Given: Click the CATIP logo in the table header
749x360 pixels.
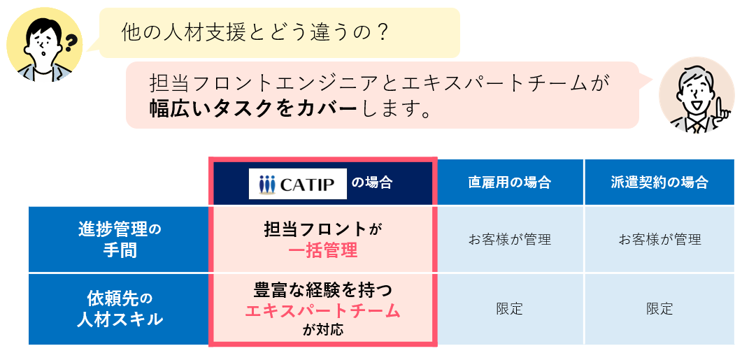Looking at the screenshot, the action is [298, 184].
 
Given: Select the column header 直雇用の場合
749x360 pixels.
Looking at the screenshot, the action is [510, 182].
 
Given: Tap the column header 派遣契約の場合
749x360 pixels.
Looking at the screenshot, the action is [659, 182].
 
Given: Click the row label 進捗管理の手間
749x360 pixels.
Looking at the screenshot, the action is [120, 240].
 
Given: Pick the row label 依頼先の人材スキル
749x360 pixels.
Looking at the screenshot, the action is [120, 310].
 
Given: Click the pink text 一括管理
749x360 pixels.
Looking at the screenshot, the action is [323, 251].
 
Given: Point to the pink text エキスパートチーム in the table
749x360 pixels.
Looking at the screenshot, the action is [322, 311].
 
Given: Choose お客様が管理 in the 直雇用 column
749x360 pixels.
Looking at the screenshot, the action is [510, 239].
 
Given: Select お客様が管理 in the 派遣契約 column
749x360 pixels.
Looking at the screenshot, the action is [659, 239].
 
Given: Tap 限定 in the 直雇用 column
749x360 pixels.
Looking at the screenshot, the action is [510, 309].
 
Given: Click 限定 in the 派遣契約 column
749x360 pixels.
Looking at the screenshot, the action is [659, 309].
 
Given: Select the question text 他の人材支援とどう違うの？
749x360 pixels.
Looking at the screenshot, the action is [254, 33].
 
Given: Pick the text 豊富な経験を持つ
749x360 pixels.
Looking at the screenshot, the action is [323, 290].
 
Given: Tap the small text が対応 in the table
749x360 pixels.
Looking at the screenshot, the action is [323, 330].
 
